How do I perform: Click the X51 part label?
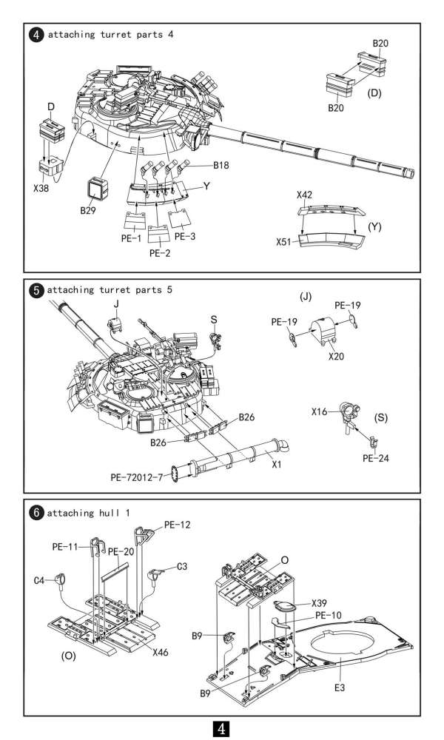286,241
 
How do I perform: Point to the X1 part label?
277,465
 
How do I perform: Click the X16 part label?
320,411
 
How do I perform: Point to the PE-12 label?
178,525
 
